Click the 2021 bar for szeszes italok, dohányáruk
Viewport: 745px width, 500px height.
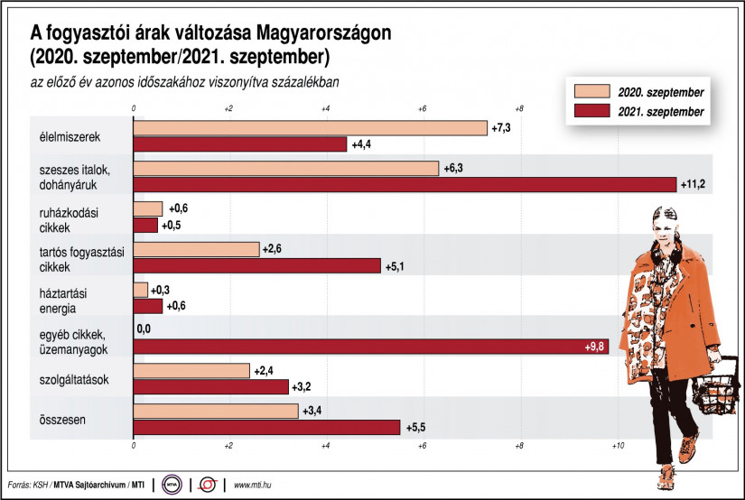[x=405, y=184]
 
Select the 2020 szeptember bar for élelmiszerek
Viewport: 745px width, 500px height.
[x=310, y=128]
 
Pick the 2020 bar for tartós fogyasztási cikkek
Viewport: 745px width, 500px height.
[x=196, y=249]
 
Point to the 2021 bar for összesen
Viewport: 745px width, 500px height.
[x=266, y=427]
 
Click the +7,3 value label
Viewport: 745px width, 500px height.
[x=501, y=128]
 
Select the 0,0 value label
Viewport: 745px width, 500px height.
[x=143, y=330]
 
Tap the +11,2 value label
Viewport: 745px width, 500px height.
[x=692, y=184]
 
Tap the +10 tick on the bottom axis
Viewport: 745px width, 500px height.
[x=618, y=447]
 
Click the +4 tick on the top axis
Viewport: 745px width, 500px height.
[x=325, y=108]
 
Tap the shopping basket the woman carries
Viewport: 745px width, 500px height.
[x=711, y=388]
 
